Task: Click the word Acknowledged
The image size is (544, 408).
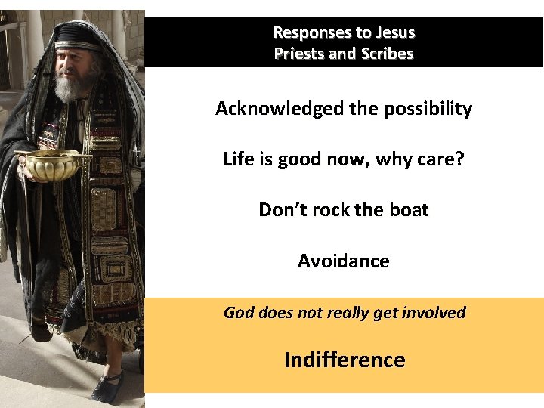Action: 279,109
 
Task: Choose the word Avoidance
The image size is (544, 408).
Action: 344,261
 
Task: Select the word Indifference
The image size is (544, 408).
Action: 345,360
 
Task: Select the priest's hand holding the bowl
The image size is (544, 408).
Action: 30,171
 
